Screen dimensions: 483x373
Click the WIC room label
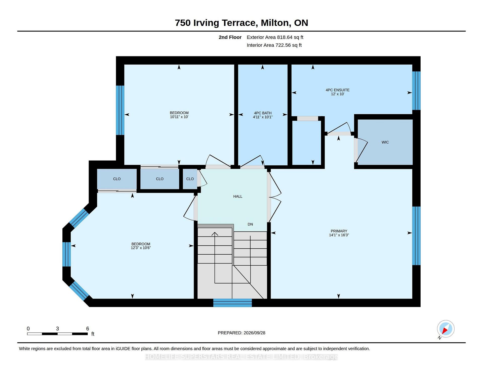tap(385, 142)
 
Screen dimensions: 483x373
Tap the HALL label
tap(238, 197)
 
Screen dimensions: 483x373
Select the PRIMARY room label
tap(339, 231)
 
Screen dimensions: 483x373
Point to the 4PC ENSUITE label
tap(338, 90)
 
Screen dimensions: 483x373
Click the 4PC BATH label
tap(263, 113)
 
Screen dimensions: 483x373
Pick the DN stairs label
tap(250, 224)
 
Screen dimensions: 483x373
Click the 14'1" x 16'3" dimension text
tap(339, 235)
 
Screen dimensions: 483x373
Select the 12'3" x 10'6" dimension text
tap(141, 248)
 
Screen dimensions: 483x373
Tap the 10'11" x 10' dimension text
tap(179, 117)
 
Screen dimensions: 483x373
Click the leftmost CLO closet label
tap(117, 179)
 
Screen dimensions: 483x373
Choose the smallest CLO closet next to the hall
tap(190, 179)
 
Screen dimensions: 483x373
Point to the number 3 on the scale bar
tap(57, 329)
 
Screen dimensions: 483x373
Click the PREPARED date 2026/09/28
tap(254, 333)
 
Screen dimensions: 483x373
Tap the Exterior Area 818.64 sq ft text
tap(275, 37)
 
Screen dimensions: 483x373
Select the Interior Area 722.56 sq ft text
tap(274, 45)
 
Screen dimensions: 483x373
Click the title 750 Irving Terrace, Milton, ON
tap(242, 23)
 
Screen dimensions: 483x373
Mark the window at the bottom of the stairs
tap(232, 303)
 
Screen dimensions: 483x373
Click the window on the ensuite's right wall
tap(416, 91)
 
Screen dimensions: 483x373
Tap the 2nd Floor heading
tap(230, 37)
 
